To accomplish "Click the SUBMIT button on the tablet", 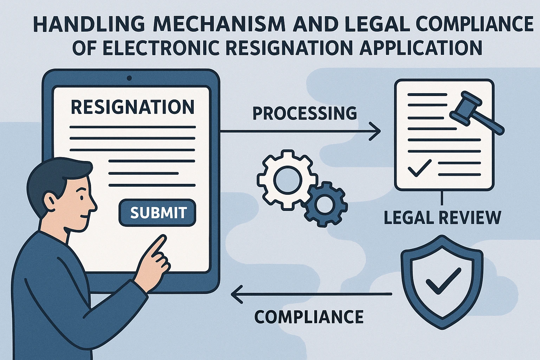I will (157, 213).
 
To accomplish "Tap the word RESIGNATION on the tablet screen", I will (133, 107).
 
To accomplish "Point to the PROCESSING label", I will (304, 114).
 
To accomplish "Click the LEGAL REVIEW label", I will (442, 218).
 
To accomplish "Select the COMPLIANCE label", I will (309, 317).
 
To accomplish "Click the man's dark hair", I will (53, 176).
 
